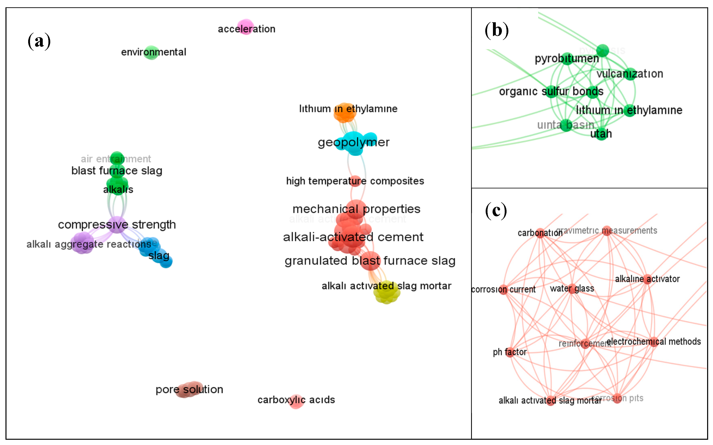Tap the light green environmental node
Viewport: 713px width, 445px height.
tap(151, 53)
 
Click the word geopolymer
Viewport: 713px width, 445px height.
tap(354, 142)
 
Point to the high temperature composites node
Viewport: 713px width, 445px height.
tap(355, 181)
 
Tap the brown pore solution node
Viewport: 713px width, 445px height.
tap(190, 389)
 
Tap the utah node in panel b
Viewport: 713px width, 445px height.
tap(601, 134)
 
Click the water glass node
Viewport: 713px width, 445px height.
tap(572, 289)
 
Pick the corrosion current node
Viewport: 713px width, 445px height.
tap(503, 290)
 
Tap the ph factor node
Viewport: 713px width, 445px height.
tap(510, 352)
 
